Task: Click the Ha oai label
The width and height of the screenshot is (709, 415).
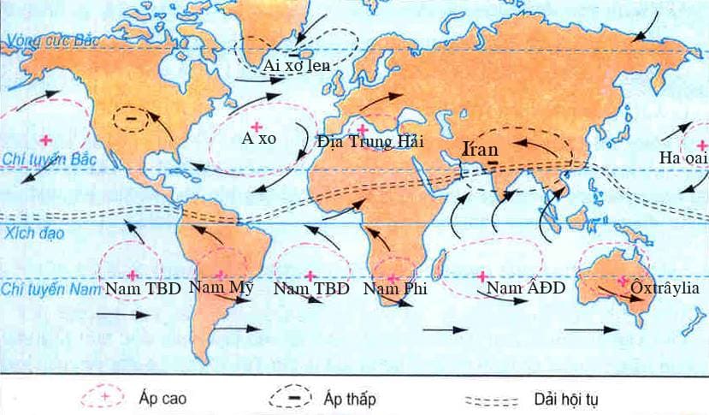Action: click(680, 158)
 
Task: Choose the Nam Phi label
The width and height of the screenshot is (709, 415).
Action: click(395, 290)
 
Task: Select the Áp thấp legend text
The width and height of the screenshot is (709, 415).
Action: click(351, 399)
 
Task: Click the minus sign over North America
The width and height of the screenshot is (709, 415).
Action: click(131, 116)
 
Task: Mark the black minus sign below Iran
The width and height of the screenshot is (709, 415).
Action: click(493, 161)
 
